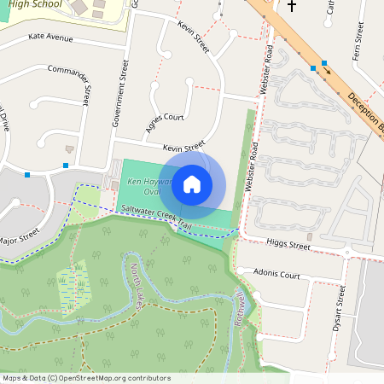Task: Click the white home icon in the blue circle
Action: (192, 184)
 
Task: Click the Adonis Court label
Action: (277, 275)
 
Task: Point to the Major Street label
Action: (19, 235)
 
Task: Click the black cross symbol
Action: (293, 6)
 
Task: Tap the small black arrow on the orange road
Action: (327, 71)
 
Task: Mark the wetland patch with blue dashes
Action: (73, 286)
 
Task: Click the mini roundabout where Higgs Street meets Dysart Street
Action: (348, 252)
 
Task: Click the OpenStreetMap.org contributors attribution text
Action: (114, 378)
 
